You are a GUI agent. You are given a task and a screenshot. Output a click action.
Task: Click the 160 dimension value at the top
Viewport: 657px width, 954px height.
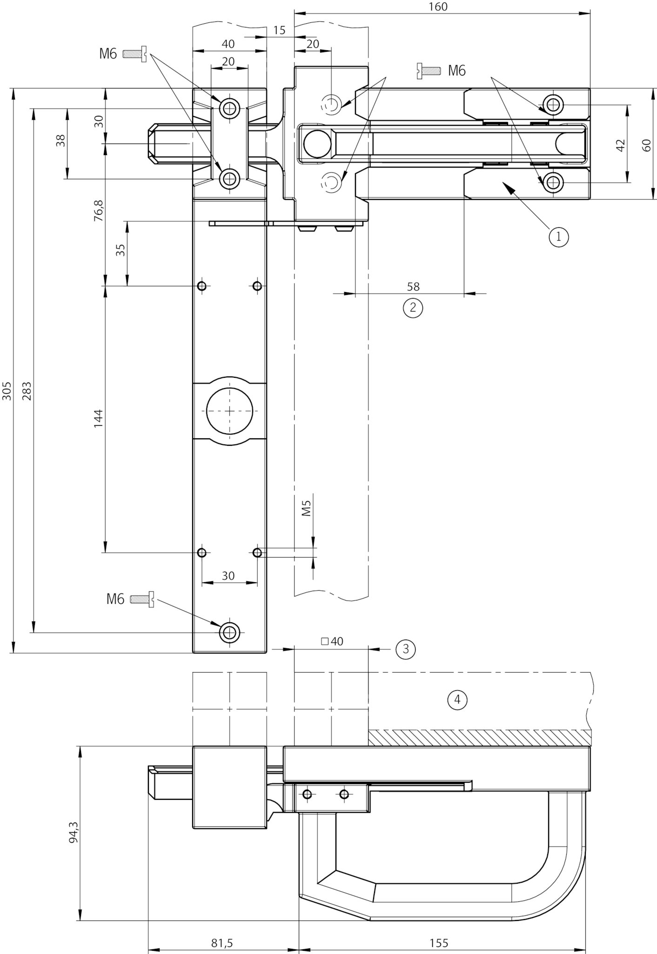[x=438, y=7]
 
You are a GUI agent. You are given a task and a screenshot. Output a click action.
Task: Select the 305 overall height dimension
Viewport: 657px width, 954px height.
[x=7, y=391]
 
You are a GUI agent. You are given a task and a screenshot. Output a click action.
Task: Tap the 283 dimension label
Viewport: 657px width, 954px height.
[x=27, y=391]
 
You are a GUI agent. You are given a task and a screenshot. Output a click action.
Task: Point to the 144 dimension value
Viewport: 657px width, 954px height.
[x=98, y=419]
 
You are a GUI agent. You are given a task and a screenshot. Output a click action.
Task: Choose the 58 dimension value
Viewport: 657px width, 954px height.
[x=413, y=286]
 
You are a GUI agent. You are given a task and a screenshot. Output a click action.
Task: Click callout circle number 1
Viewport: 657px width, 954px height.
[x=558, y=237]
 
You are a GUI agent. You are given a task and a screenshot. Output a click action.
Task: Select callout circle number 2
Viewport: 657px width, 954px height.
[x=413, y=308]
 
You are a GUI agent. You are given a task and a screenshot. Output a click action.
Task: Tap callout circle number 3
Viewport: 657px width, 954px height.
[x=405, y=648]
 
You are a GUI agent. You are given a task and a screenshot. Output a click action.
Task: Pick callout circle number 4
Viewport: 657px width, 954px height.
[x=457, y=700]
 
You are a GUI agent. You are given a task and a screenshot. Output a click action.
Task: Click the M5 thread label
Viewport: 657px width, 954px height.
[x=306, y=509]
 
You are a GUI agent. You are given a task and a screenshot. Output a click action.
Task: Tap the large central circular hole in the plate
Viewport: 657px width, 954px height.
[x=230, y=411]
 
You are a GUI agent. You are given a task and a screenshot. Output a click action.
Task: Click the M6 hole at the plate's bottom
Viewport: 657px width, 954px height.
[x=229, y=633]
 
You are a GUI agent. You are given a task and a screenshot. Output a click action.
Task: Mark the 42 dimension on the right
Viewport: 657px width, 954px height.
[x=620, y=145]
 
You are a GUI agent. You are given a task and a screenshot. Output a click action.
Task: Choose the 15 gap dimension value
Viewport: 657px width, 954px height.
[x=279, y=30]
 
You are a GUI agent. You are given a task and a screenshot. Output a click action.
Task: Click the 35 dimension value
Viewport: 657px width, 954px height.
[x=121, y=250]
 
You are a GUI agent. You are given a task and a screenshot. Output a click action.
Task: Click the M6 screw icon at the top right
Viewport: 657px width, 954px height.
[x=428, y=70]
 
